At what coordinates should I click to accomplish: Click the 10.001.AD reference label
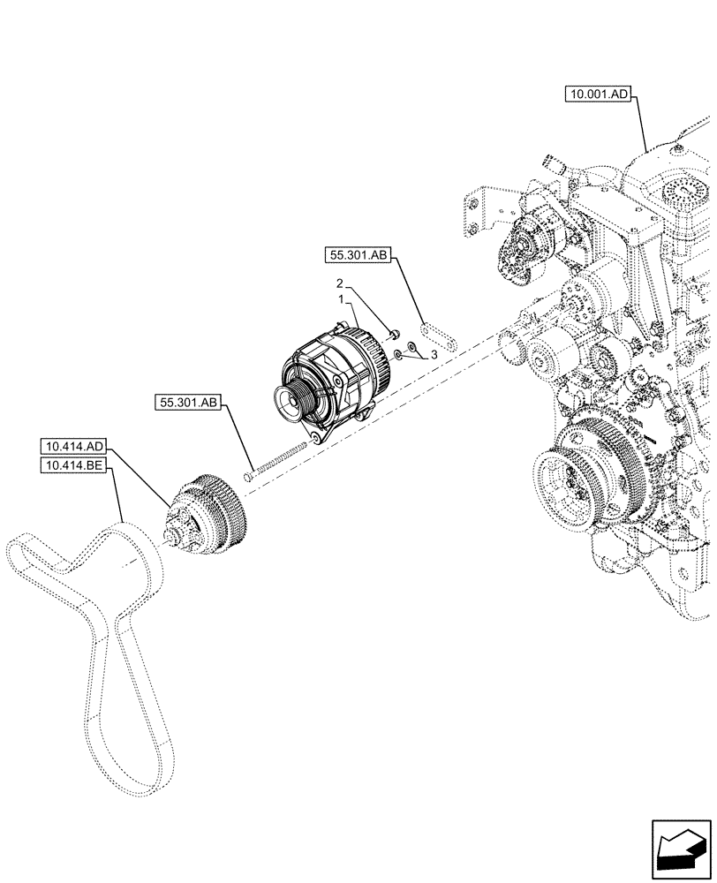point(598,95)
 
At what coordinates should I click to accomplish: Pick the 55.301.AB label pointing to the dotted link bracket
point(358,255)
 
